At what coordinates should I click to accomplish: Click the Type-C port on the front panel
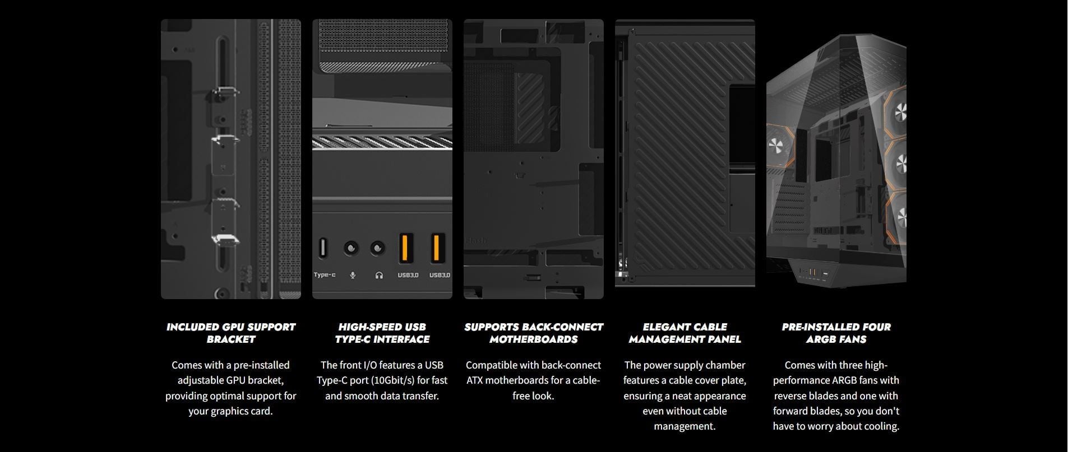[x=322, y=248]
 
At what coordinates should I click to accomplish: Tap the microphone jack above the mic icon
[x=352, y=248]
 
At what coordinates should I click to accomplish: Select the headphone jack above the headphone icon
[x=378, y=248]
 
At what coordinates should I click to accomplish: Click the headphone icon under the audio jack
[x=379, y=275]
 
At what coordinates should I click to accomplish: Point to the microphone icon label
[x=353, y=275]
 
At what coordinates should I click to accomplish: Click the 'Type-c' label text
[x=325, y=275]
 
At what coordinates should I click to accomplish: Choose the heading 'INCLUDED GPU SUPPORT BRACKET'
[x=231, y=333]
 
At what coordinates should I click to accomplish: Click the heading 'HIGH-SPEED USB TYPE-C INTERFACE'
[x=382, y=333]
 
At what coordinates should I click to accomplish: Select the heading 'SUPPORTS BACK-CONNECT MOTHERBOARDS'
[x=534, y=333]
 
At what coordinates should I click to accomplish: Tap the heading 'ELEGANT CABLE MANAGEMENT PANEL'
[x=685, y=333]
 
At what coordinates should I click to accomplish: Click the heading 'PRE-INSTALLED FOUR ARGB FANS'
[x=836, y=333]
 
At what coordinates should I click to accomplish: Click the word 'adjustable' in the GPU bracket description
[x=201, y=380]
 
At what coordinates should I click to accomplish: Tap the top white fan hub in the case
[x=900, y=111]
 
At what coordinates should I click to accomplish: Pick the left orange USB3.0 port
[x=407, y=248]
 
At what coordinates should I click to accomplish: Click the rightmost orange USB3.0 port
[x=437, y=248]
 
